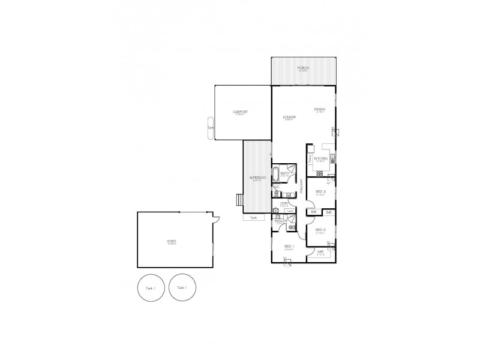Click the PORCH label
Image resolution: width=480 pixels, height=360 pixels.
(x=303, y=68)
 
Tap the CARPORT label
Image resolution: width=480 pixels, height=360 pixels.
(x=241, y=113)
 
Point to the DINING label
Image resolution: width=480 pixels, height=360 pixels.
(x=319, y=109)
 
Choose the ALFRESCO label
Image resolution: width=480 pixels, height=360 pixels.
(x=258, y=178)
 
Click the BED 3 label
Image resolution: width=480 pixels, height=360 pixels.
(x=320, y=192)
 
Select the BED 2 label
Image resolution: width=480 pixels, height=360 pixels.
(x=320, y=230)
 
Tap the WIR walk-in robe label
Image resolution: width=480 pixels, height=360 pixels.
(x=320, y=253)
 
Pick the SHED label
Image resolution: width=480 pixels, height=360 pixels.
(x=172, y=241)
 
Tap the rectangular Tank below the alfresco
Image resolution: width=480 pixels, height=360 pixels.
(x=253, y=218)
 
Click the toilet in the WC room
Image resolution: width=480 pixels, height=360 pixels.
(x=277, y=193)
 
